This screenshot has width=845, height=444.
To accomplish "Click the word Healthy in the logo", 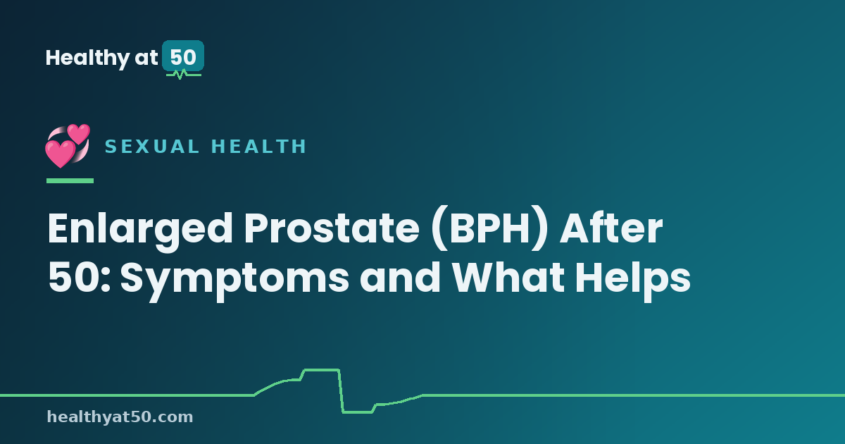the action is [x=87, y=58].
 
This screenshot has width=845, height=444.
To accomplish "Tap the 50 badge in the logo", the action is [x=183, y=56].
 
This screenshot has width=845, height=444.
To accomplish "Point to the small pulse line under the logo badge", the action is [x=184, y=75].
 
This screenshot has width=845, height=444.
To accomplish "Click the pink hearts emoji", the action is [x=68, y=146].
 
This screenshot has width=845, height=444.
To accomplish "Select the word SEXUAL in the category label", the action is [x=152, y=147].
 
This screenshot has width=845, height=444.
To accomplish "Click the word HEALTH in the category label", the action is [x=258, y=147].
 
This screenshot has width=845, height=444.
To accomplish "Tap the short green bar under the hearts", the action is [x=70, y=181].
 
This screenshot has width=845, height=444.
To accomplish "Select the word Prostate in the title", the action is [x=332, y=228].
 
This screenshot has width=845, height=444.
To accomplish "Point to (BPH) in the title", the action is [x=489, y=228].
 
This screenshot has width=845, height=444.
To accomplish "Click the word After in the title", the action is [x=611, y=228].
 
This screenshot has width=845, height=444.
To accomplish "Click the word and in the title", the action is [x=400, y=278].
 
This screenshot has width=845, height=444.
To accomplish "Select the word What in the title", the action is [x=508, y=278].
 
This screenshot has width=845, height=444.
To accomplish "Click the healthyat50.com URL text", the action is [x=120, y=417].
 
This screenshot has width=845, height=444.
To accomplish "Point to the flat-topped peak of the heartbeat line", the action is [x=321, y=370].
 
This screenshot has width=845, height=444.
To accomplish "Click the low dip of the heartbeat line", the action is [x=358, y=412].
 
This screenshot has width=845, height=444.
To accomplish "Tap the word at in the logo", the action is [x=146, y=58].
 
